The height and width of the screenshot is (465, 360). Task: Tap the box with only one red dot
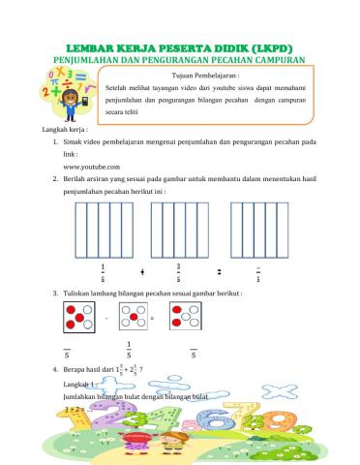tap(132, 317)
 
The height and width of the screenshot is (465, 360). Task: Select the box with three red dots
tap(186, 317)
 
